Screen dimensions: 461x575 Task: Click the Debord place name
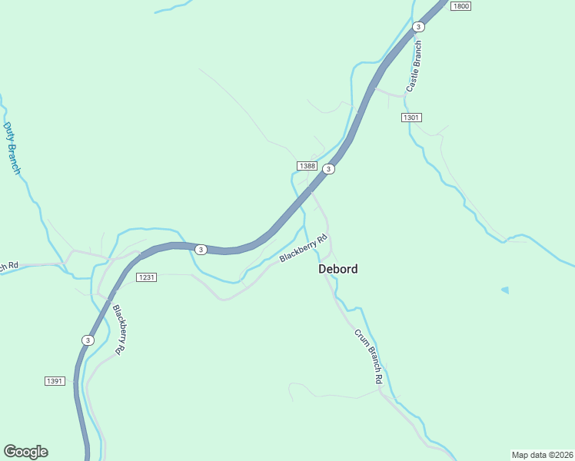tap(337, 270)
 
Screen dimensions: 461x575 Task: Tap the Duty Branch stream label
tap(12, 148)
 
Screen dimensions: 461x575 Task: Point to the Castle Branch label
tap(414, 67)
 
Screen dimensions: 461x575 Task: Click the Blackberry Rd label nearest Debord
tap(299, 248)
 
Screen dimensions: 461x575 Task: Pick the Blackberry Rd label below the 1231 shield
tap(118, 330)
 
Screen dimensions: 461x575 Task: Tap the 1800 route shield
tap(460, 6)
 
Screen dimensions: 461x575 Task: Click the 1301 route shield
tap(411, 118)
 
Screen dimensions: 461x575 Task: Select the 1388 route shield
tap(307, 166)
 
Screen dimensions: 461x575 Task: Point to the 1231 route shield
tap(146, 277)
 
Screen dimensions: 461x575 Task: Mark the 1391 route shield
tap(54, 381)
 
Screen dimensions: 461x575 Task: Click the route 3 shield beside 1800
tap(417, 27)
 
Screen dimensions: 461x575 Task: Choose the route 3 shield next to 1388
tap(328, 169)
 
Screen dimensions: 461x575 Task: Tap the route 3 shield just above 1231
tap(200, 250)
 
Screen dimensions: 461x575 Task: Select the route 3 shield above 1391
tap(87, 340)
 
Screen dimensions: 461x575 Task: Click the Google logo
tap(25, 452)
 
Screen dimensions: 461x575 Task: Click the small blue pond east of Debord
tap(505, 290)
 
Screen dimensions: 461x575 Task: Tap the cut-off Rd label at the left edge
tap(8, 266)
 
